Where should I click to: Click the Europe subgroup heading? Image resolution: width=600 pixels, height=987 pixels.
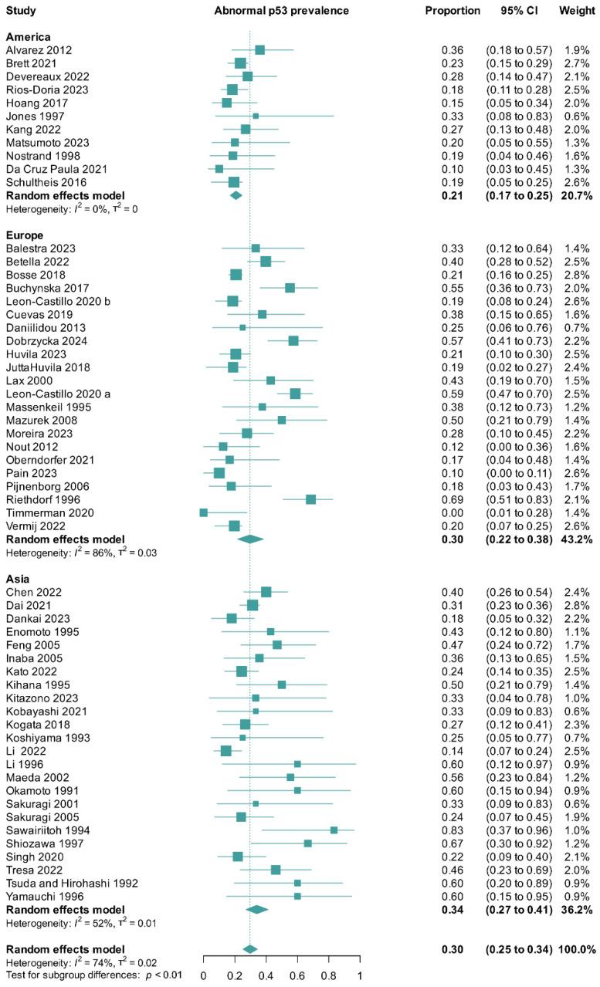point(25,235)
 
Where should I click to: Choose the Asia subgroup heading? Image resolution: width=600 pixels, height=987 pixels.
point(19,578)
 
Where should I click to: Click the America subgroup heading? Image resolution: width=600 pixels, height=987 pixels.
point(28,36)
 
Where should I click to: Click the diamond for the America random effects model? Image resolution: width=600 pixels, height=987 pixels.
point(236,195)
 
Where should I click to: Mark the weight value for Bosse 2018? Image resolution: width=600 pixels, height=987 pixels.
point(578,275)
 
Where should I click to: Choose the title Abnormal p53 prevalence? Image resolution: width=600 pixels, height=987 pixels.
point(282,11)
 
